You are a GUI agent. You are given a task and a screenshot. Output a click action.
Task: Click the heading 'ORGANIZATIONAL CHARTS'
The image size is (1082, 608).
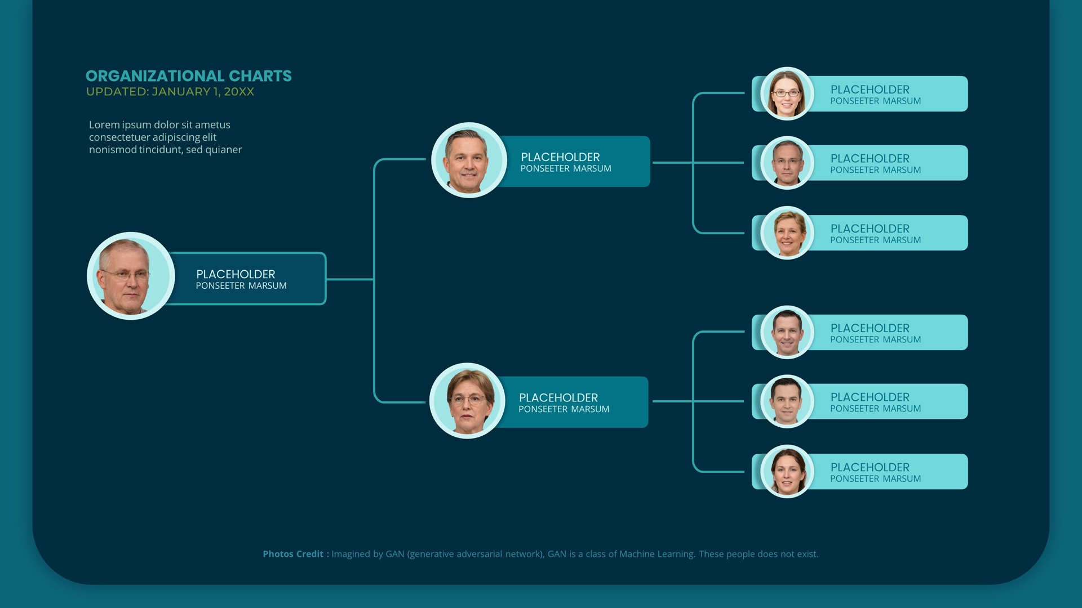coord(188,76)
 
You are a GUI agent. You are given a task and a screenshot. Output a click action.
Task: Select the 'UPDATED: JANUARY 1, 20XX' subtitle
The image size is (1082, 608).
coord(170,92)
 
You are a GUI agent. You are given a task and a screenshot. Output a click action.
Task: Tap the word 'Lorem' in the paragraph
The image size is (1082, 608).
coord(104,125)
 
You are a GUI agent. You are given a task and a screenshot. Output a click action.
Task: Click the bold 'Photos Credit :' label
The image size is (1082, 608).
coord(295,554)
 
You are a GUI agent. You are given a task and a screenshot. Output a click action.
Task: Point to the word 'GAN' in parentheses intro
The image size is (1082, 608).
coord(394,554)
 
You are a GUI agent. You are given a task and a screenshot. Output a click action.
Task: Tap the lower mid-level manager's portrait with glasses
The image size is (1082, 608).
coord(467,401)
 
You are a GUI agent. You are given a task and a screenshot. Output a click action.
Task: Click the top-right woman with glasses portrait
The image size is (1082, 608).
coord(787,94)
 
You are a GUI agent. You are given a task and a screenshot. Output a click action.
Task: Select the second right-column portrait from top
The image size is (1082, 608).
coord(787,163)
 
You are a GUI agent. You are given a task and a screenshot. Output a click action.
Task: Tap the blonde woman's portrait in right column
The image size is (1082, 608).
coord(787,233)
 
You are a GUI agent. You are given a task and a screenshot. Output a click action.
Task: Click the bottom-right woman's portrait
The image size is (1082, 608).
coord(787,472)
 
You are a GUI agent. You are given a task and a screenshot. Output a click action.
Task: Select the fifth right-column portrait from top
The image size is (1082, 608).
coord(787,402)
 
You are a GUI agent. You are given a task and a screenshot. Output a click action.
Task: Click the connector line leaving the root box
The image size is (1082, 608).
coord(349,279)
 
